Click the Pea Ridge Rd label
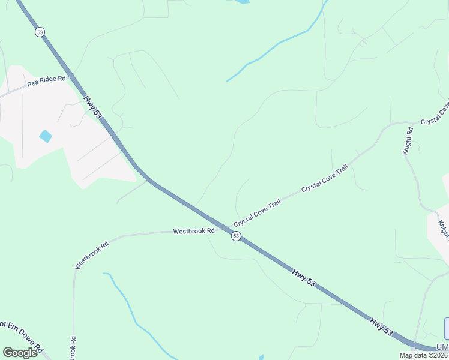point(46,79)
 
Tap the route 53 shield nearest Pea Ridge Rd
point(40,32)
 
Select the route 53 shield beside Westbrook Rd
point(236,236)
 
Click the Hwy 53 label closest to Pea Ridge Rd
point(93,107)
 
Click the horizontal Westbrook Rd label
point(194,231)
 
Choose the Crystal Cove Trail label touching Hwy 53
point(258,213)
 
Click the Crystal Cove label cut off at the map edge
point(435,113)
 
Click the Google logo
point(20,352)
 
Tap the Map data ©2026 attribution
point(424,355)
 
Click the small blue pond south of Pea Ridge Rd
point(46,136)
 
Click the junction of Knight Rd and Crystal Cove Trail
point(397,124)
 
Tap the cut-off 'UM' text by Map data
point(442,347)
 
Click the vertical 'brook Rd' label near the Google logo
point(73,347)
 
